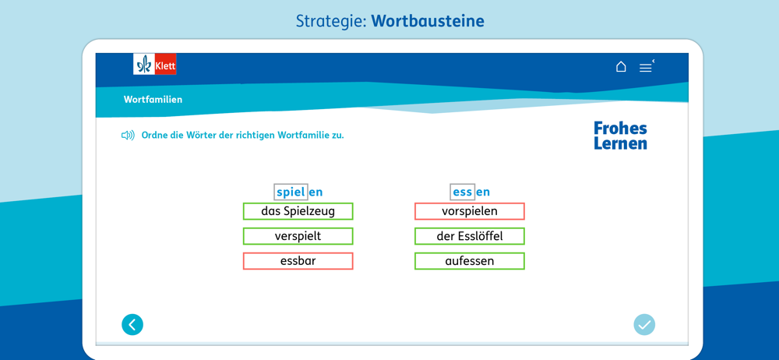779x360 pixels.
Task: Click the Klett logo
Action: (154, 64)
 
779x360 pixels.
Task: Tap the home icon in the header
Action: (621, 67)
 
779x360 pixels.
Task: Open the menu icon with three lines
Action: (645, 68)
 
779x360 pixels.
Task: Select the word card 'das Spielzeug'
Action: (298, 211)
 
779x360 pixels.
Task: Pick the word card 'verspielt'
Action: (298, 236)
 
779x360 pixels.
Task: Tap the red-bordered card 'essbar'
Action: (298, 261)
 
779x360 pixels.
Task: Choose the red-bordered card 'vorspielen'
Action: (470, 211)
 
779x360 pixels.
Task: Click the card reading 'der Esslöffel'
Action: (470, 236)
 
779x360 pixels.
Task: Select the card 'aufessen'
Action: (470, 261)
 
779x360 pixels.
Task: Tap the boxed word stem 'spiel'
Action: (291, 192)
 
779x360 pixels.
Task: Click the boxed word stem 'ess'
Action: (462, 192)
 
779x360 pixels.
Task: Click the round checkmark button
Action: (644, 325)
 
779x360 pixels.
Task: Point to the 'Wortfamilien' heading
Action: (153, 100)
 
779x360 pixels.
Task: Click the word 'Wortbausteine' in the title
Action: (428, 21)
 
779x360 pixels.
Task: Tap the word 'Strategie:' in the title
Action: (331, 21)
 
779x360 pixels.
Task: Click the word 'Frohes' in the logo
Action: (621, 129)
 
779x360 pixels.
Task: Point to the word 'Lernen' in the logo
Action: (621, 143)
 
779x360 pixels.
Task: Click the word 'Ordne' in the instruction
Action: (153, 136)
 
